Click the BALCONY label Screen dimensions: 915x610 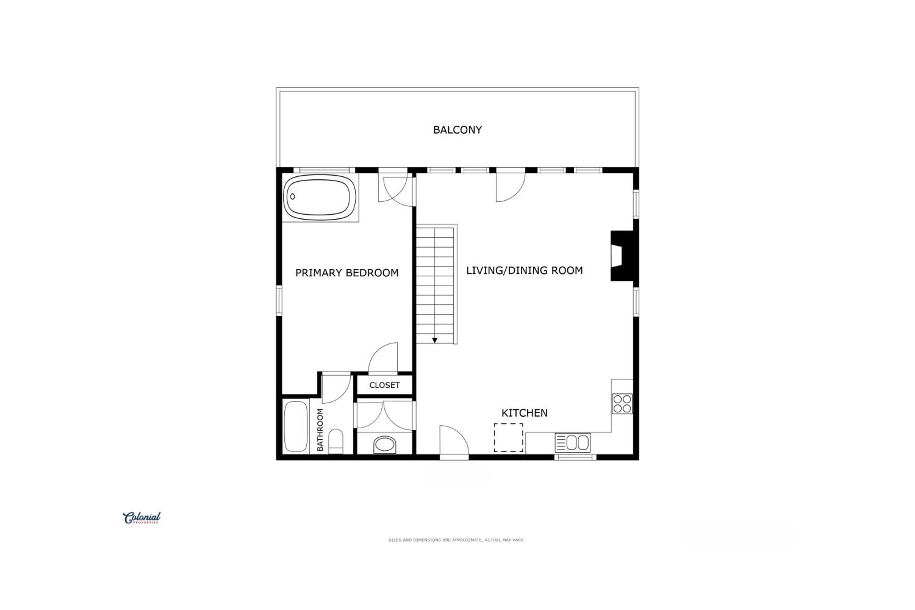point(457,130)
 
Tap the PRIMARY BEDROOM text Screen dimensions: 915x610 point(347,273)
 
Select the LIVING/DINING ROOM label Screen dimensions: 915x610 point(524,270)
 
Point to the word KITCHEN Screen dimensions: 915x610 point(524,413)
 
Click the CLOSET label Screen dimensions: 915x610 point(384,385)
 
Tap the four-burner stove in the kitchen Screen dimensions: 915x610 point(622,404)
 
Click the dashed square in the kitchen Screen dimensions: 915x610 point(508,438)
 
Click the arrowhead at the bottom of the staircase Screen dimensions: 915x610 point(435,340)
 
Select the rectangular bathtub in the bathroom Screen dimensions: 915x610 point(296,427)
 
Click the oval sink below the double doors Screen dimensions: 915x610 point(385,444)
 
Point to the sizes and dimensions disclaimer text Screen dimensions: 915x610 point(456,540)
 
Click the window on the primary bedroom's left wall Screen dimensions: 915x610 point(279,300)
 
